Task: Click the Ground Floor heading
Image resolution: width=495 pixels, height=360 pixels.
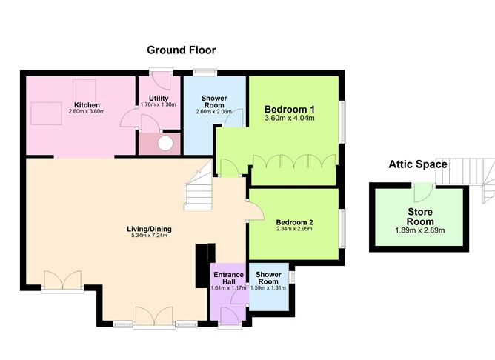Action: (181, 50)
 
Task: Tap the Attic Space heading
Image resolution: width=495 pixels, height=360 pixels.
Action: (418, 164)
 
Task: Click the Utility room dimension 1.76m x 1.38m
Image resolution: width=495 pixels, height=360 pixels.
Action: (159, 105)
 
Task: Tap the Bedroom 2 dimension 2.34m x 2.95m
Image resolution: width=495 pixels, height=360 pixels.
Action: (295, 230)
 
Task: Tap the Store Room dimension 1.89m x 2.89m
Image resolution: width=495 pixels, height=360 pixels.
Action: (419, 221)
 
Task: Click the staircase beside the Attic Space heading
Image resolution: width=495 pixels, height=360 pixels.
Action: (470, 178)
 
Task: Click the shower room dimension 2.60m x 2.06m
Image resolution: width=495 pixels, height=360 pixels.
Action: (214, 112)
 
